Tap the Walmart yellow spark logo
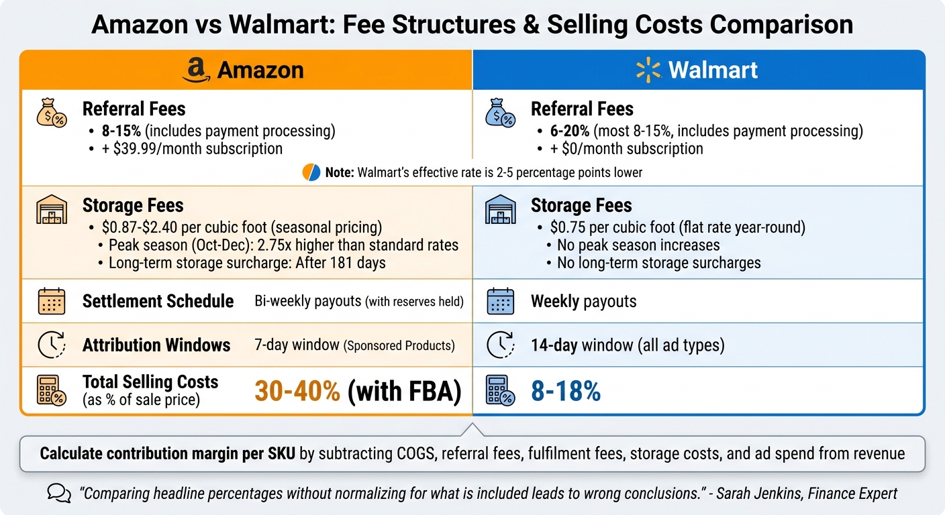tap(648, 70)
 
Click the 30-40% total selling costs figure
tap(297, 392)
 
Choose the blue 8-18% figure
tap(565, 392)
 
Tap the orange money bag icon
tap(51, 115)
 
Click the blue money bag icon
tap(500, 115)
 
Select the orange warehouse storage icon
tap(51, 210)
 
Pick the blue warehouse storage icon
tap(500, 210)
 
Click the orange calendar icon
tap(51, 301)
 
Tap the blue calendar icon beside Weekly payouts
tap(500, 301)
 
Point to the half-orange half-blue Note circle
tap(311, 172)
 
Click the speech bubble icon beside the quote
tap(59, 494)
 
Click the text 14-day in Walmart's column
tap(554, 345)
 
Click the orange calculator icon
tap(51, 390)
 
